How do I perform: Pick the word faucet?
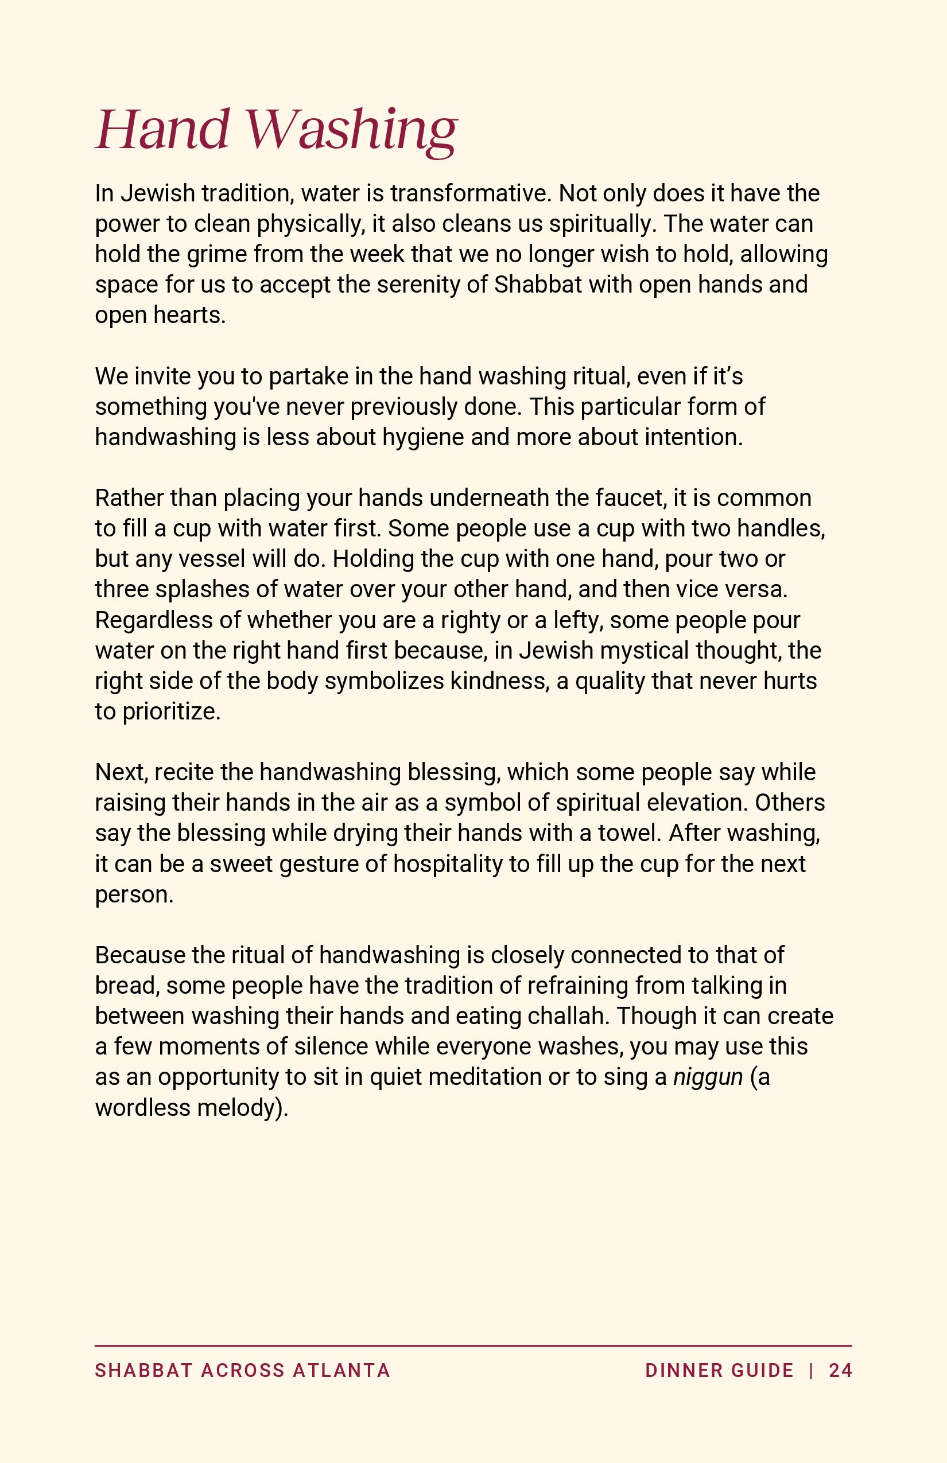pyautogui.click(x=630, y=498)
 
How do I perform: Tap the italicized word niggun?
pyautogui.click(x=708, y=1077)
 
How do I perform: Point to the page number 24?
pyautogui.click(x=840, y=1371)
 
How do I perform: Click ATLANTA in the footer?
pyautogui.click(x=341, y=1371)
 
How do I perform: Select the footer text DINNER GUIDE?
pyautogui.click(x=719, y=1371)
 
